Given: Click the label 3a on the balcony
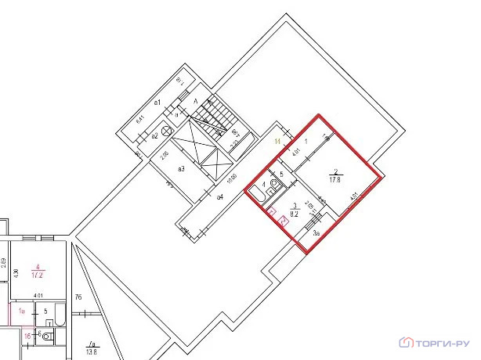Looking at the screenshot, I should pyautogui.click(x=316, y=233).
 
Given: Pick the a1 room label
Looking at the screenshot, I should pyautogui.click(x=157, y=103).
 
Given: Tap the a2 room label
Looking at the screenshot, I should pyautogui.click(x=155, y=135).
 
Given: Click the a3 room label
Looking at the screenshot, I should pyautogui.click(x=181, y=169).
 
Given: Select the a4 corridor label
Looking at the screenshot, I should pyautogui.click(x=221, y=196).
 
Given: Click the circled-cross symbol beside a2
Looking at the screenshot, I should pyautogui.click(x=166, y=131).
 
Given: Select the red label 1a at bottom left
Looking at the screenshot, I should pyautogui.click(x=23, y=312).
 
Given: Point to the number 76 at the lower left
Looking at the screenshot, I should pyautogui.click(x=78, y=297).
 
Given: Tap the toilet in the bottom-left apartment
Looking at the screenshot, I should pyautogui.click(x=46, y=337).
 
